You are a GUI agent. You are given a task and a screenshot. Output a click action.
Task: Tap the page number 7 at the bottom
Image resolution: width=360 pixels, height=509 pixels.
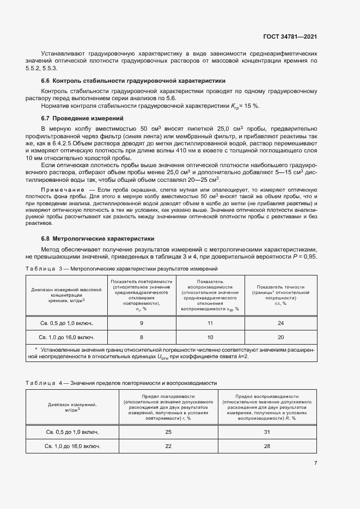pyautogui.click(x=316, y=463)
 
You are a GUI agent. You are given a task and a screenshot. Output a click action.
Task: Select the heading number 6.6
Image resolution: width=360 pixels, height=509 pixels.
pyautogui.click(x=46, y=81)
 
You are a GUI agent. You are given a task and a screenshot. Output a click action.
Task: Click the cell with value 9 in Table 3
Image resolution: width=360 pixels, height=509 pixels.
pyautogui.click(x=142, y=323)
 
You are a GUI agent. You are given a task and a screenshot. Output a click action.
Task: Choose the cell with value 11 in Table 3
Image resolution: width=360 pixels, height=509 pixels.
pyautogui.click(x=210, y=323)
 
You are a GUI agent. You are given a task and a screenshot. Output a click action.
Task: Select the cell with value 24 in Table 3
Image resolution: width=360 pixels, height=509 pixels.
pyautogui.click(x=281, y=323)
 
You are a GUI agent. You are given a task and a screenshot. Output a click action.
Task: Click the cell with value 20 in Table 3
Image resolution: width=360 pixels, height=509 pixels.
pyautogui.click(x=281, y=337)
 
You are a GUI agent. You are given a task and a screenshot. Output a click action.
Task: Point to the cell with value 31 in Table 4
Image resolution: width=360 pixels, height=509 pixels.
pyautogui.click(x=267, y=432)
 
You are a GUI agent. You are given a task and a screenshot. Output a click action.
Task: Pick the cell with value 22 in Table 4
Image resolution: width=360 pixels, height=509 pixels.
pyautogui.click(x=168, y=446)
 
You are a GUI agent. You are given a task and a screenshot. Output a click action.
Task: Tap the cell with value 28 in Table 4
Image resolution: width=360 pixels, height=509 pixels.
pyautogui.click(x=267, y=446)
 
